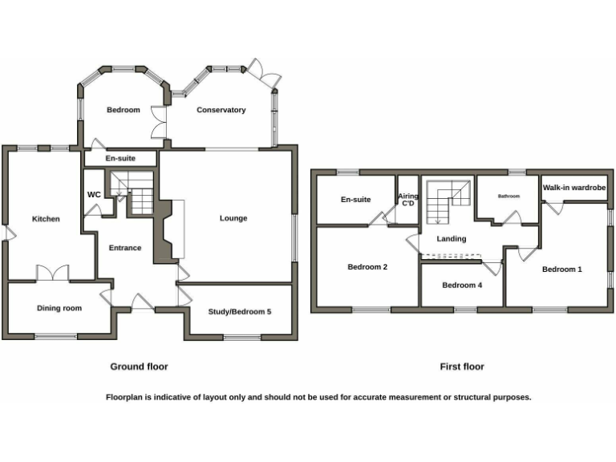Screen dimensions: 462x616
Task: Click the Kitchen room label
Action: click(x=46, y=219)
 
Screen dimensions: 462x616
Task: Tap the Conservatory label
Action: click(x=221, y=110)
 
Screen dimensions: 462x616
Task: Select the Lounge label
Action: click(x=233, y=218)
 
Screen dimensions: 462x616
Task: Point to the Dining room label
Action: click(x=59, y=308)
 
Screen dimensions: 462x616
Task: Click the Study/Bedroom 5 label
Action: click(x=239, y=311)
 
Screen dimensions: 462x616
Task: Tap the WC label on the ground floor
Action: click(x=93, y=194)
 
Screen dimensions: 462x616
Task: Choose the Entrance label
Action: click(x=125, y=248)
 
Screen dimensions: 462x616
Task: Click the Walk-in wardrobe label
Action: click(x=573, y=188)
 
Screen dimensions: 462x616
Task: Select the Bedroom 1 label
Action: click(x=561, y=269)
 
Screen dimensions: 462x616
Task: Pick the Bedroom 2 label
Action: click(x=367, y=267)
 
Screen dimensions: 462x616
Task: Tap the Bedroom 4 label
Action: click(x=462, y=285)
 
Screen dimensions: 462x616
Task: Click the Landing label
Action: click(x=451, y=239)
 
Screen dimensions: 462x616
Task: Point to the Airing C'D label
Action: click(x=407, y=200)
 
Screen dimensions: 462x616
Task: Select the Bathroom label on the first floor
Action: click(x=509, y=196)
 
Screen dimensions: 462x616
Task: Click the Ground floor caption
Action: click(x=139, y=367)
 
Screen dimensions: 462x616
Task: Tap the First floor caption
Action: click(x=462, y=367)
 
